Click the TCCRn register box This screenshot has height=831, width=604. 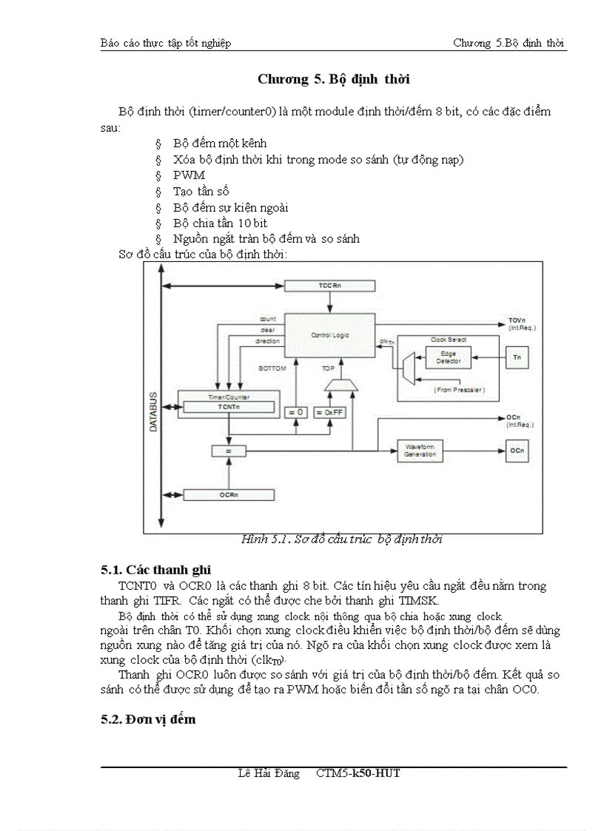pos(329,285)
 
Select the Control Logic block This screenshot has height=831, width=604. pos(329,335)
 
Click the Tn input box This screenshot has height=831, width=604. pos(517,357)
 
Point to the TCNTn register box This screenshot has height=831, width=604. pos(229,407)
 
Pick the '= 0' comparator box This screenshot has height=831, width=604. pos(296,412)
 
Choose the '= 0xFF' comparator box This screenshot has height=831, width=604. pos(329,412)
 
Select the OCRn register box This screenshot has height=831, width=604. pos(226,494)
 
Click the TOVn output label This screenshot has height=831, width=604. pos(517,320)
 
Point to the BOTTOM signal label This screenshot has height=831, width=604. pos(272,368)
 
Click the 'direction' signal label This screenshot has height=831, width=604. pos(267,341)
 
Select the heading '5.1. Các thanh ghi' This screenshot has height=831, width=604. pos(155,570)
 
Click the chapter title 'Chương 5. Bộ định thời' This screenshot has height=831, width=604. pos(333,79)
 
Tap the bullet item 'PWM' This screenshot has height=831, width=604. pos(189,175)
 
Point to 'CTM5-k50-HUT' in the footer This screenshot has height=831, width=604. pos(358,773)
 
